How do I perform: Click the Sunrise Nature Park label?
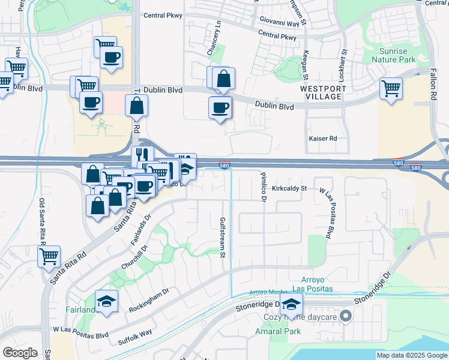click(x=393, y=55)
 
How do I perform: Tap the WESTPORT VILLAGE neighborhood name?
click(x=323, y=92)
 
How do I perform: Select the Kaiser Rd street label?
click(x=323, y=139)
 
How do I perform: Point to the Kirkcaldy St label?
click(x=289, y=188)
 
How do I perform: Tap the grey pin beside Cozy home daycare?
click(x=346, y=316)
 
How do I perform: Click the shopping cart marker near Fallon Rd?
click(x=391, y=89)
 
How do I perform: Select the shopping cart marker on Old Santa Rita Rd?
click(x=49, y=256)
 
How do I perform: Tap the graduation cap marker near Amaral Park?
click(x=291, y=304)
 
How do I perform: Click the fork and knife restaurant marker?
click(x=142, y=156)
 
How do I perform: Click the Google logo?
click(x=20, y=353)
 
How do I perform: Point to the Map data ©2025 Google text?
click(x=411, y=355)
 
